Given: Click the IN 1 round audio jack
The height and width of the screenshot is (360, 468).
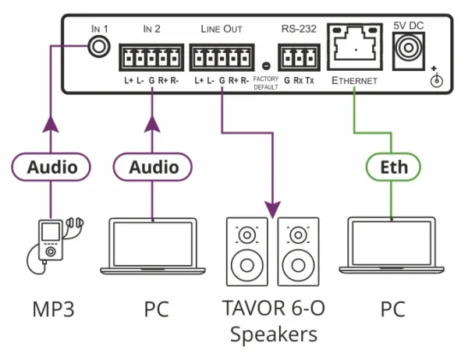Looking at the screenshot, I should [x=97, y=48].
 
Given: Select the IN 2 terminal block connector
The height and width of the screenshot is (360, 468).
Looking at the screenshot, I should [x=148, y=58].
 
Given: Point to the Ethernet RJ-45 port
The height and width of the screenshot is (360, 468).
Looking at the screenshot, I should [x=355, y=50].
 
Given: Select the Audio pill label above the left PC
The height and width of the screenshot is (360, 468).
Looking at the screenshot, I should [x=147, y=167].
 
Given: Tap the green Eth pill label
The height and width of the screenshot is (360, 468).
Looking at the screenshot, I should [x=393, y=167].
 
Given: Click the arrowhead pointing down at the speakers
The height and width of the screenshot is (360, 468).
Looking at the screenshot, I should [x=273, y=208].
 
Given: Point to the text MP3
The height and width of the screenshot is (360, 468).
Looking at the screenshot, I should [x=52, y=309].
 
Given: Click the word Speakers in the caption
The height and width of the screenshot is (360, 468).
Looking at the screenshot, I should [x=273, y=334].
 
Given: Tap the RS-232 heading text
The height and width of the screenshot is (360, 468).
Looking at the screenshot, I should [x=298, y=29].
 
